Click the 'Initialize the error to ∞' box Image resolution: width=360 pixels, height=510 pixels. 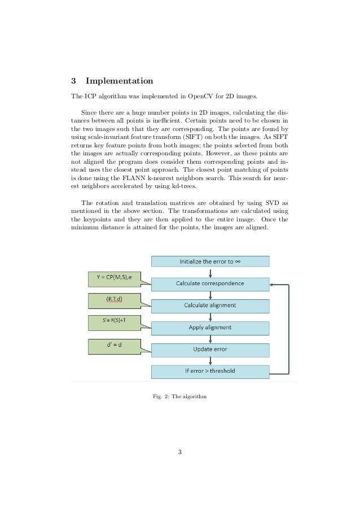[210, 261]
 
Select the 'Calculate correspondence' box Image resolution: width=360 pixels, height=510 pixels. [210, 283]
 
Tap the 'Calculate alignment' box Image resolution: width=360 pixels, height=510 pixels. [210, 306]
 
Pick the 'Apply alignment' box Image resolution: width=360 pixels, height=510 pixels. [210, 328]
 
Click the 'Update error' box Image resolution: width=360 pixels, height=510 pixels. [210, 350]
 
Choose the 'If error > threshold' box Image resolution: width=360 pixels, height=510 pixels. [210, 372]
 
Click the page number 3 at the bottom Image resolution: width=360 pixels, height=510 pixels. [179, 451]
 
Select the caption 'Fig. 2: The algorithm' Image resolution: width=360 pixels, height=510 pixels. [179, 396]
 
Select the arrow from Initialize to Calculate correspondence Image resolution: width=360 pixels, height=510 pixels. [210, 272]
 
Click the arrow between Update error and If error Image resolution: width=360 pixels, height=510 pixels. [210, 361]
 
